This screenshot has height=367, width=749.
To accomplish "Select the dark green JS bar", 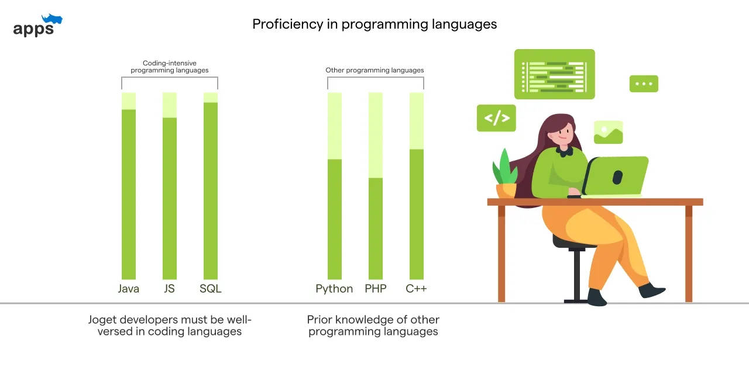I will [170, 198].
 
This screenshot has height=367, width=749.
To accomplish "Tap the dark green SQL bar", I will [211, 191].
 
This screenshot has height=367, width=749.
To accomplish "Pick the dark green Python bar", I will [335, 219].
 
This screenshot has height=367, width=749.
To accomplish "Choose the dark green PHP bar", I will [376, 228].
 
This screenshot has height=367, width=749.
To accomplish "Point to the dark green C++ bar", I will [417, 214].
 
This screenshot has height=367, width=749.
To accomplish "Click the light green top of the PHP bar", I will [376, 135].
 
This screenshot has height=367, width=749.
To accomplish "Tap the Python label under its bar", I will [334, 289].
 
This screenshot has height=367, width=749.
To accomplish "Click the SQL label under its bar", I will [211, 289].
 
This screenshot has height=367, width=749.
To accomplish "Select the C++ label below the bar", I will [416, 289].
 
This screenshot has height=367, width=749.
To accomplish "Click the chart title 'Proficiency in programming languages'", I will [374, 25].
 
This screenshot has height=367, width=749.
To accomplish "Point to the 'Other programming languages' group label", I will [374, 70].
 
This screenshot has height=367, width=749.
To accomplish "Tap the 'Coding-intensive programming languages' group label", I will [170, 67].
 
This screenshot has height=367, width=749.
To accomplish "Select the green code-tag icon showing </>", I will [496, 118].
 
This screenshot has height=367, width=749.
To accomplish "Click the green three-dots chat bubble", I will [644, 84].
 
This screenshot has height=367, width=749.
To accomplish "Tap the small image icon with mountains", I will [608, 133].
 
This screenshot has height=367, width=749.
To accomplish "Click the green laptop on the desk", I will [616, 176].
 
